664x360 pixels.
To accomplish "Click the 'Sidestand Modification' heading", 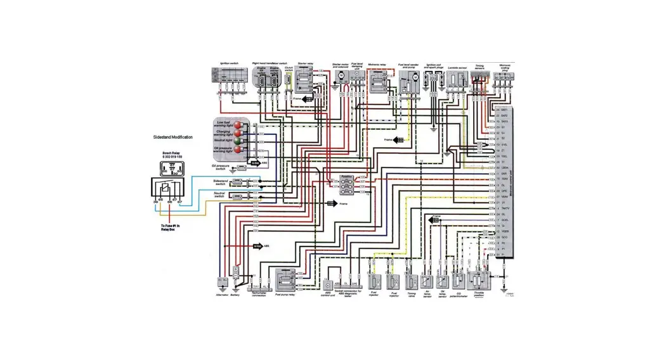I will pos(173,137).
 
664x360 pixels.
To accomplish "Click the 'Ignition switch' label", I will pos(228,63).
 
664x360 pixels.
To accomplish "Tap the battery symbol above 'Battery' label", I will pos(236,270).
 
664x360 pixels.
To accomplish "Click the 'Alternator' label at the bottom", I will pos(222,295).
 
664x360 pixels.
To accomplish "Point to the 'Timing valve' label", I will pos(412,295).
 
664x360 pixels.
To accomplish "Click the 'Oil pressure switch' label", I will pos(223,167).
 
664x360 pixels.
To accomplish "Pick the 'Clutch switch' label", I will pos(289,67).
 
